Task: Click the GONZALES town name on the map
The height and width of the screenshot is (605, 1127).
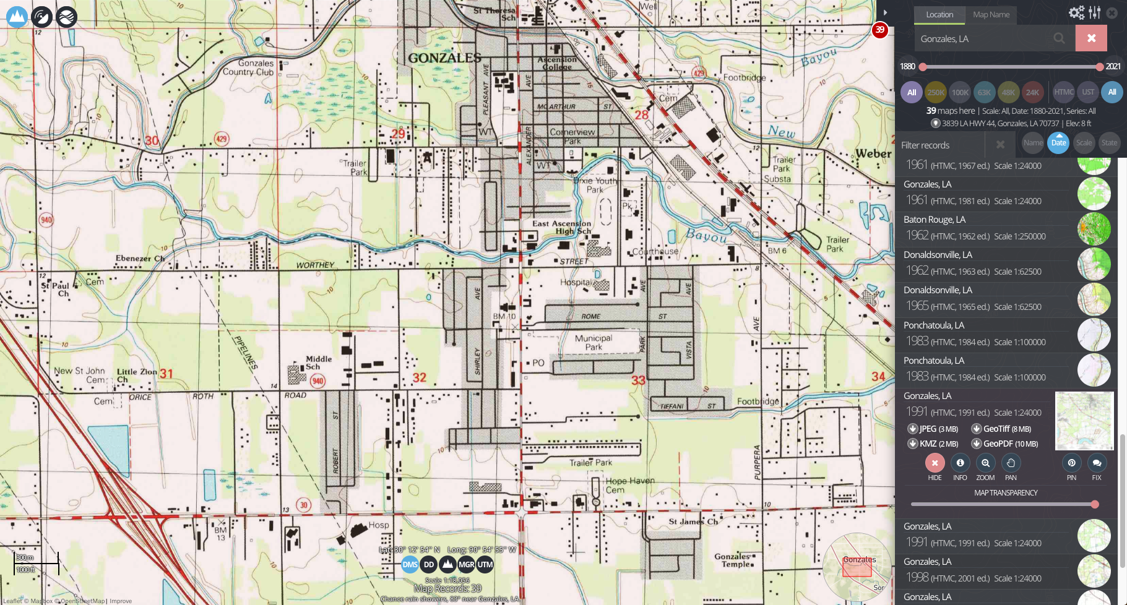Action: click(444, 58)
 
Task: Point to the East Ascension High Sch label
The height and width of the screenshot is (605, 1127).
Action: click(561, 227)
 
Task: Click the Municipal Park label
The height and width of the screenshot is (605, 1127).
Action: click(593, 342)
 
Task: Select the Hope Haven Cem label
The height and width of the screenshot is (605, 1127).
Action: click(629, 485)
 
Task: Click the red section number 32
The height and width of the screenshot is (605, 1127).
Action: click(419, 378)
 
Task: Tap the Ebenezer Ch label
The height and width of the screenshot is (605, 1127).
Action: click(140, 259)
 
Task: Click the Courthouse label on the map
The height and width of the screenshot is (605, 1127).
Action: click(655, 252)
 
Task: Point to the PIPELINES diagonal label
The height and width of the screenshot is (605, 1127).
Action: click(246, 352)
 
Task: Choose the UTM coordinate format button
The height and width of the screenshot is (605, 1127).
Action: click(485, 564)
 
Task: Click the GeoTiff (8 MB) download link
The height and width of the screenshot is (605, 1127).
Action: click(1001, 429)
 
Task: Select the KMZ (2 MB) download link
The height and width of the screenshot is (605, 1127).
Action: click(933, 444)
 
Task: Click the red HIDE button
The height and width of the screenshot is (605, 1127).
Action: click(935, 463)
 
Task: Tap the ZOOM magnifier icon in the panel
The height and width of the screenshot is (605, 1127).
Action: click(985, 463)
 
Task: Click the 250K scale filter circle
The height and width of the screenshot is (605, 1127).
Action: click(936, 92)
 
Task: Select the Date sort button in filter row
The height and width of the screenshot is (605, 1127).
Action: click(1058, 143)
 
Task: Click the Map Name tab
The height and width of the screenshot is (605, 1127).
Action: click(991, 15)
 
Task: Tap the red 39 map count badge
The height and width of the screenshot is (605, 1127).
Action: click(879, 30)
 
